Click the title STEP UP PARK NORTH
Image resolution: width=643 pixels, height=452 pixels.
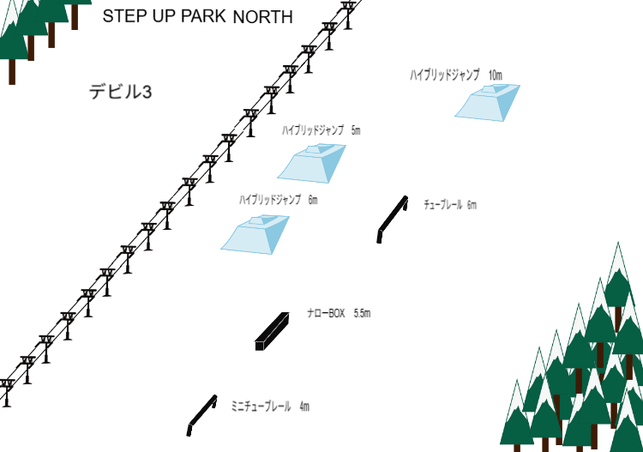[197, 16]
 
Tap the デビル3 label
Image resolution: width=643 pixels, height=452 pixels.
[121, 92]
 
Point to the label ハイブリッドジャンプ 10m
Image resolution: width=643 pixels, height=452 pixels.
[456, 75]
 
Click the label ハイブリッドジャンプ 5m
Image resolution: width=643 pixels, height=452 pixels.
[321, 130]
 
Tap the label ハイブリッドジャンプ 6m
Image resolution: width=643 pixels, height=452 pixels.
[279, 200]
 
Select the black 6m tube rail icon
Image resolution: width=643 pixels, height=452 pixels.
[392, 219]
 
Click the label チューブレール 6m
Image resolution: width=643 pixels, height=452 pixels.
[449, 205]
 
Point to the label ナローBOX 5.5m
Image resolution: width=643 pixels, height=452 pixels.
[339, 314]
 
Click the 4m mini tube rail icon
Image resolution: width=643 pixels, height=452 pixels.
[201, 415]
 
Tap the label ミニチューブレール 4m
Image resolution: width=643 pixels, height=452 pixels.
[270, 406]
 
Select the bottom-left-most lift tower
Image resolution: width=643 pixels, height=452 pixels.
[7, 390]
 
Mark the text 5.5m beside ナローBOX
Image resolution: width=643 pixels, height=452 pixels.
[362, 314]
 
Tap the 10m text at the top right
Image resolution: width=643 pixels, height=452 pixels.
[495, 75]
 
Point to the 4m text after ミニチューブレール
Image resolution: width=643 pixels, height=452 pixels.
[304, 406]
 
